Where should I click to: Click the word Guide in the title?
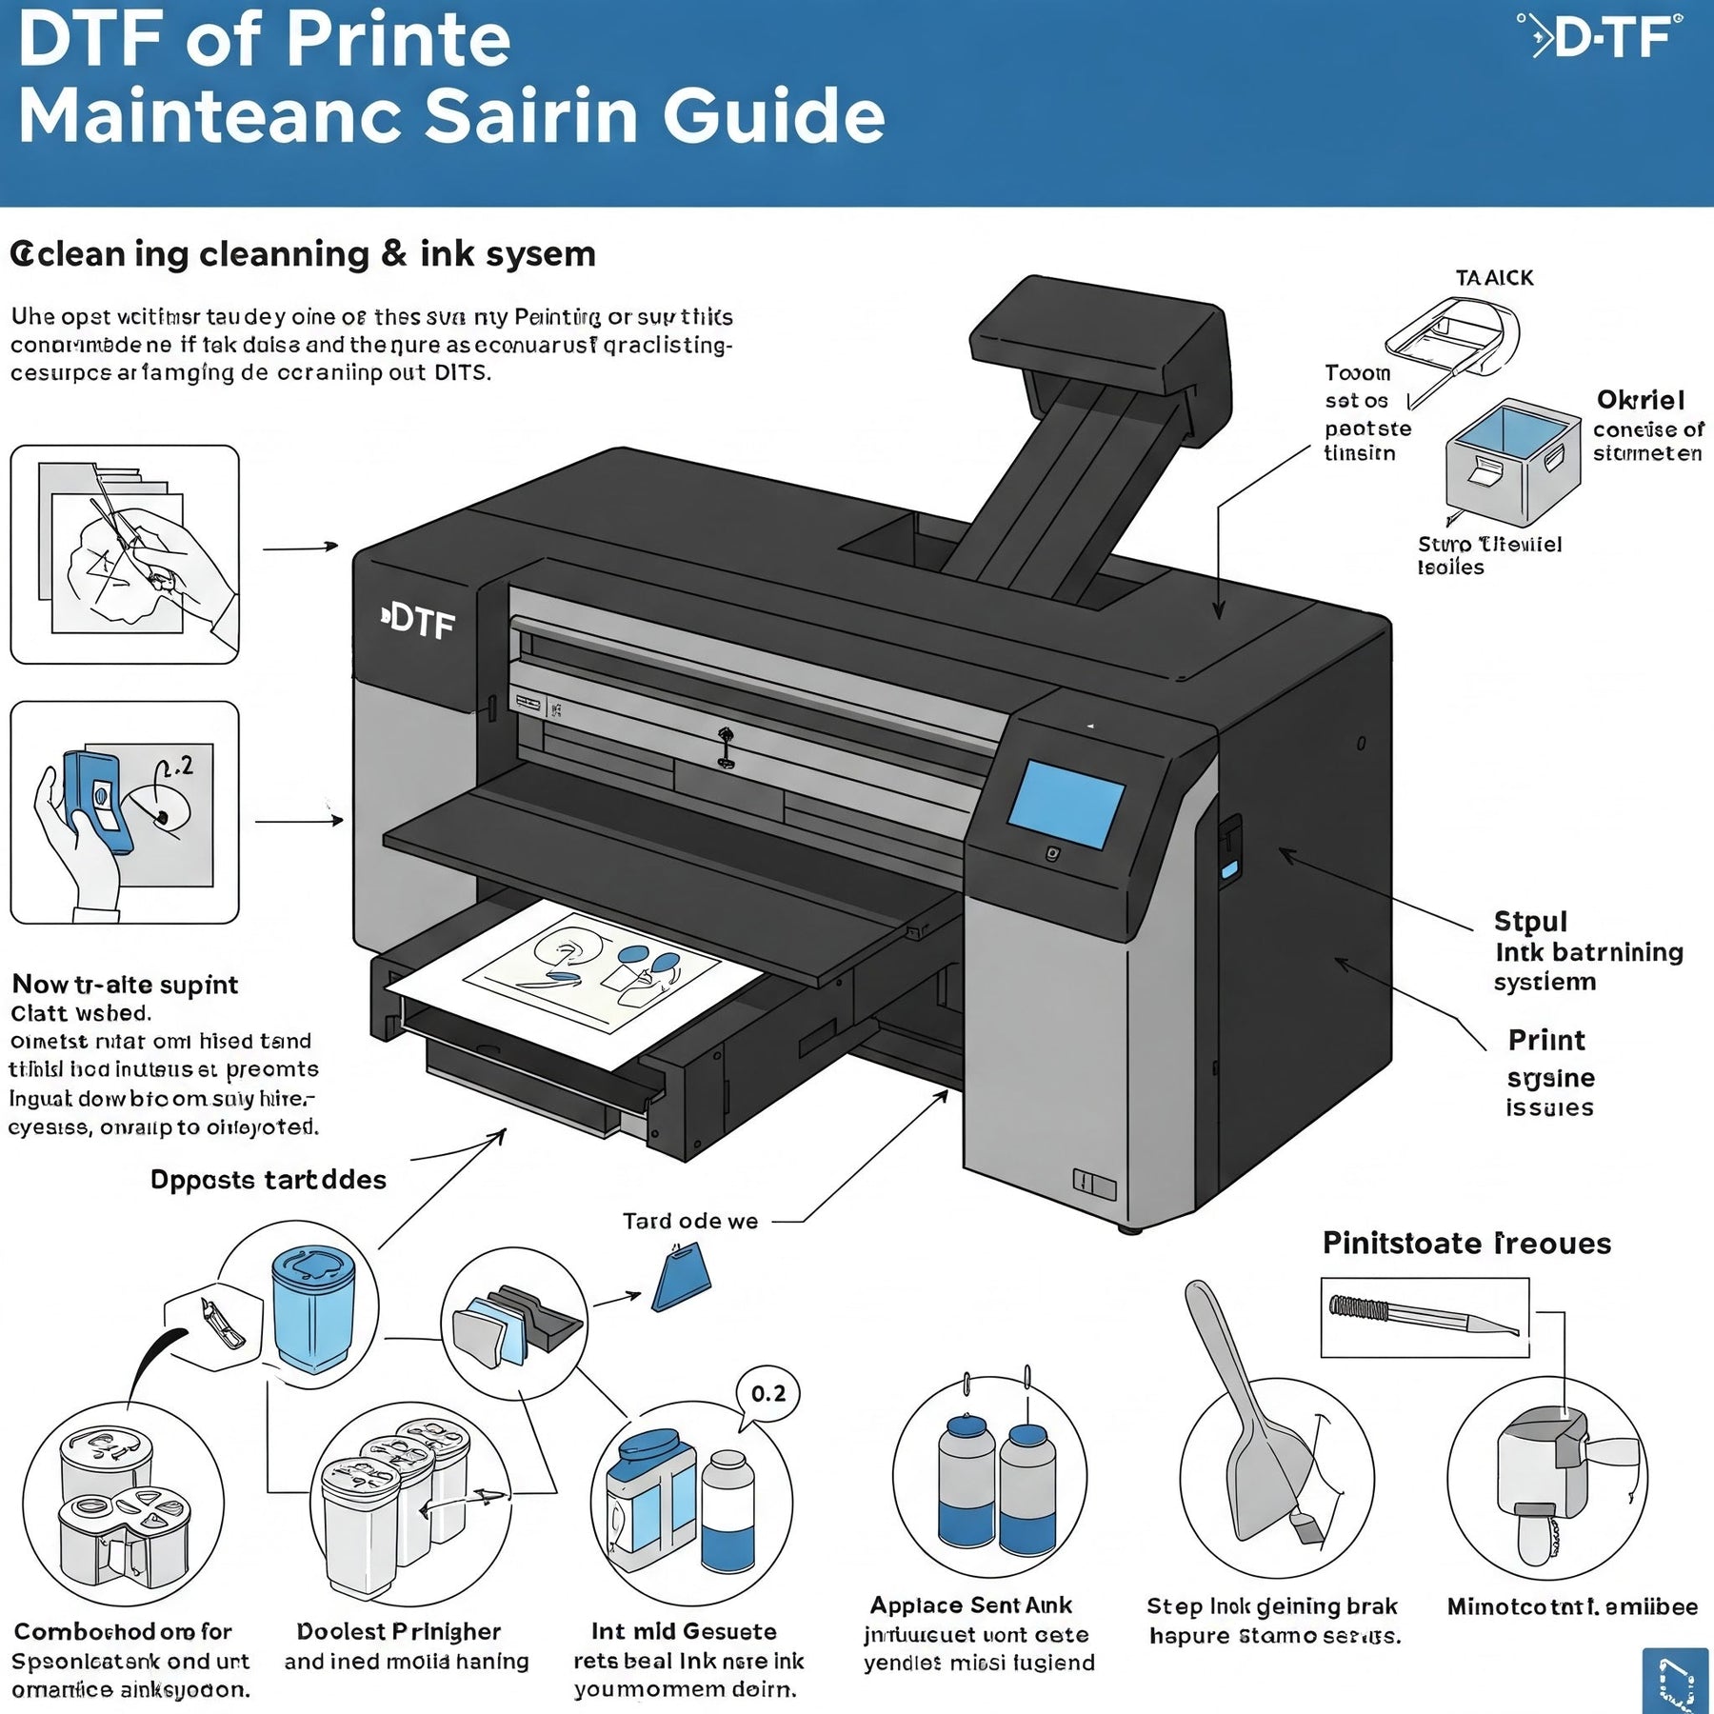(x=773, y=116)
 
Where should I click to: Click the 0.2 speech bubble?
(x=767, y=1394)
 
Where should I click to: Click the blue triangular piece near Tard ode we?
(x=682, y=1281)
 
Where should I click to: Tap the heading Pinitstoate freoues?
(x=1465, y=1244)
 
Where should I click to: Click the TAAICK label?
(x=1494, y=278)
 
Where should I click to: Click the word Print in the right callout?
(x=1546, y=1040)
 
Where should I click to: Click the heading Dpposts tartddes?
(x=269, y=1180)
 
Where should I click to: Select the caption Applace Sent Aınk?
(x=970, y=1605)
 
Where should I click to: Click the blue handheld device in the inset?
(x=95, y=800)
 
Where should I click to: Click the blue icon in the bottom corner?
(x=1675, y=1680)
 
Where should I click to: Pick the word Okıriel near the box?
(x=1641, y=400)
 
